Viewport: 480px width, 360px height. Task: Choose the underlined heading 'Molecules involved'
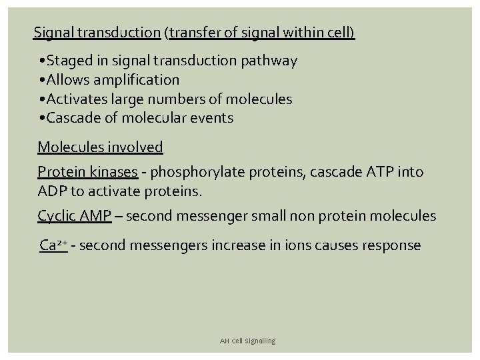click(x=100, y=147)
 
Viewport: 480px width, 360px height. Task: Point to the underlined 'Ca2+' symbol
click(x=53, y=245)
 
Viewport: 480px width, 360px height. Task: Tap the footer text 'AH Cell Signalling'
click(x=247, y=341)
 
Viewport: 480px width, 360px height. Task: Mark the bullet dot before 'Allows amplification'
click(x=43, y=80)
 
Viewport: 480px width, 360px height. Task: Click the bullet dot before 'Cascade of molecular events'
click(x=43, y=119)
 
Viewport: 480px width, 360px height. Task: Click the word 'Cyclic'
click(x=57, y=216)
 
